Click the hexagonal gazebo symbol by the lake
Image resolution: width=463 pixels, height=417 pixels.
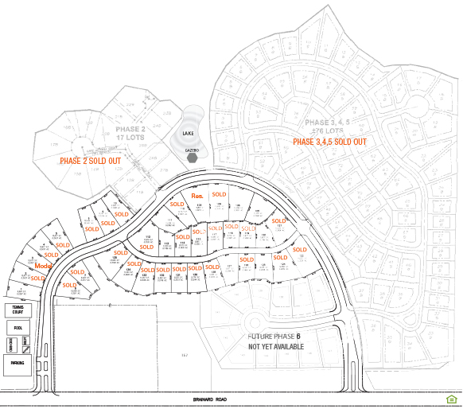(192, 157)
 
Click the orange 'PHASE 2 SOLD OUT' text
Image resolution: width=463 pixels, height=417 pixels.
(91, 161)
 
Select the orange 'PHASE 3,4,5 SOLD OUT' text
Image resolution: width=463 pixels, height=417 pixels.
(329, 142)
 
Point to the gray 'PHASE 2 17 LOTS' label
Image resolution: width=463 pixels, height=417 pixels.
(130, 132)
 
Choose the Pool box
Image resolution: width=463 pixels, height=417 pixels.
(17, 327)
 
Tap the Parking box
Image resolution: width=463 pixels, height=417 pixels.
(17, 363)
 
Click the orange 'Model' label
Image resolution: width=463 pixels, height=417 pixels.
(42, 266)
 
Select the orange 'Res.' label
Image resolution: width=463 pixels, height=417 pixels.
(195, 195)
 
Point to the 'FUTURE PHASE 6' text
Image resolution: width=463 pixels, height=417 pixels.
(274, 337)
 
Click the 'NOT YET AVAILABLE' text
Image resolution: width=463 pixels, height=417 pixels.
(276, 347)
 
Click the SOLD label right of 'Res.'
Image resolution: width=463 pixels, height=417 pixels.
(220, 194)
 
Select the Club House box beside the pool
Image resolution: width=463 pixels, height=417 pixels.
(12, 344)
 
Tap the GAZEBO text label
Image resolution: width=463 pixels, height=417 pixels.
(192, 149)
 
